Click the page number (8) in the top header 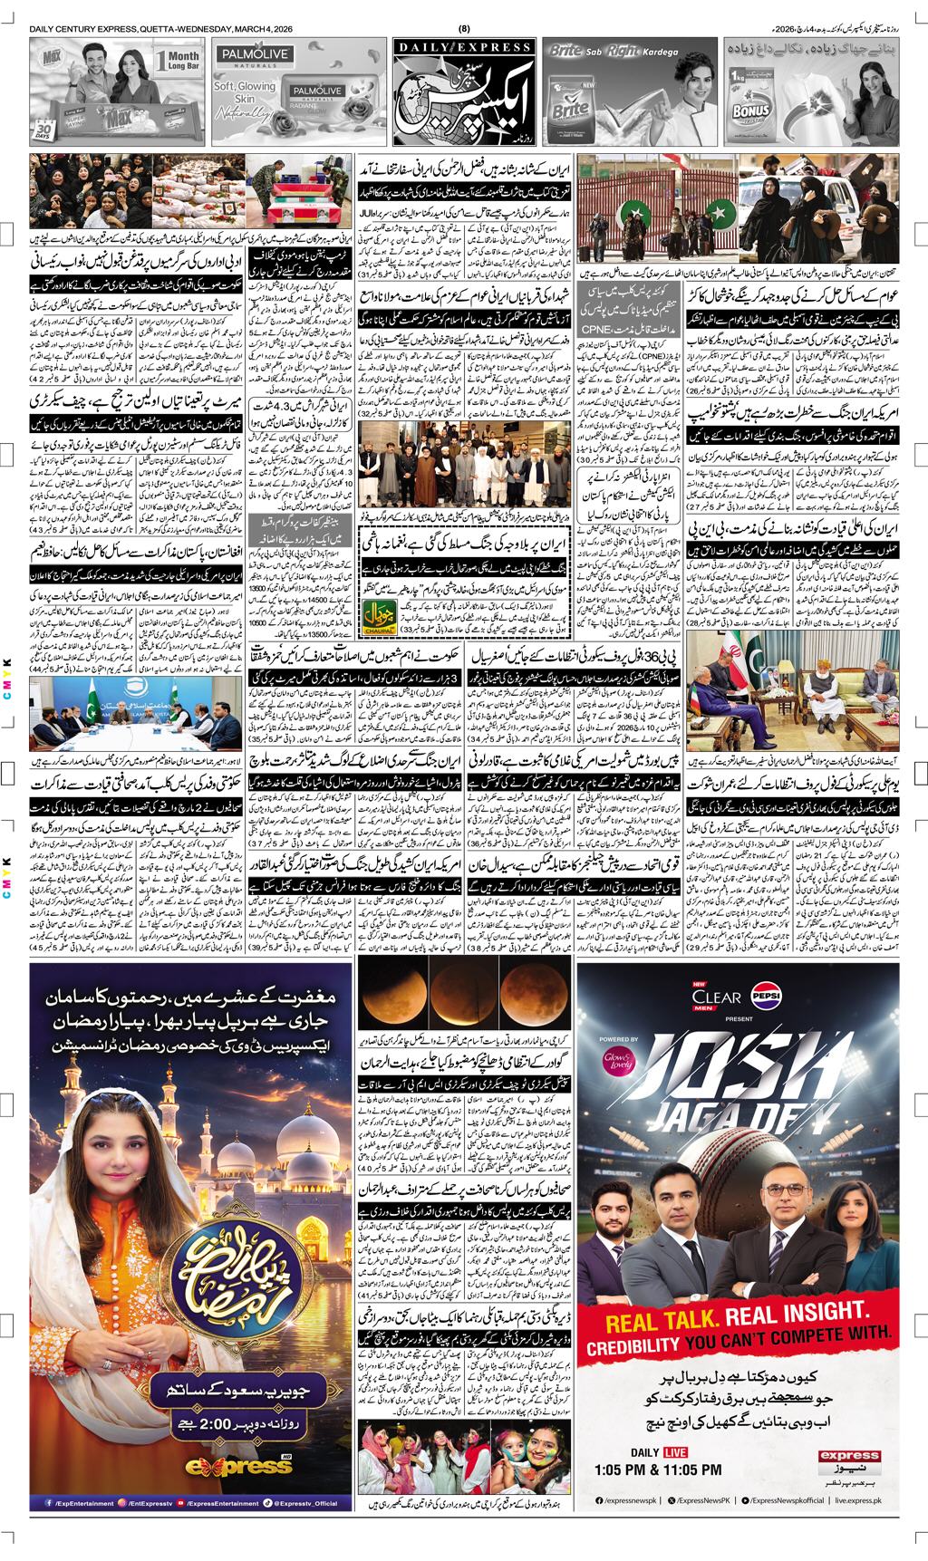(x=465, y=29)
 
